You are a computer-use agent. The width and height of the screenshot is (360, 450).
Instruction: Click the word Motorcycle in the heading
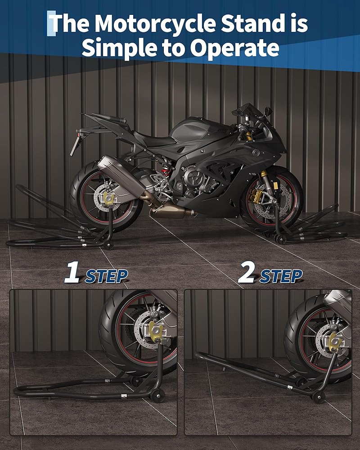155,23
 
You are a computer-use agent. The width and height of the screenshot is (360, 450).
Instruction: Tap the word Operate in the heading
234,48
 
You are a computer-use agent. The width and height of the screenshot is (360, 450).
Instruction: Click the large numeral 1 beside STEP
72,272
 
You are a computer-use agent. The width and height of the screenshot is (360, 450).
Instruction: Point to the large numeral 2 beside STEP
247,272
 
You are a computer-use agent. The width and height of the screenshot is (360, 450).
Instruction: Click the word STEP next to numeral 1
107,276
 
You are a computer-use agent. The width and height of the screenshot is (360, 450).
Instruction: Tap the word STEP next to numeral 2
281,276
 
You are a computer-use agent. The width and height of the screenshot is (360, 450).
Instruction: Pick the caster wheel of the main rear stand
108,245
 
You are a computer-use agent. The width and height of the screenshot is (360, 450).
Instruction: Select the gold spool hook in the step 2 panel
335,342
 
